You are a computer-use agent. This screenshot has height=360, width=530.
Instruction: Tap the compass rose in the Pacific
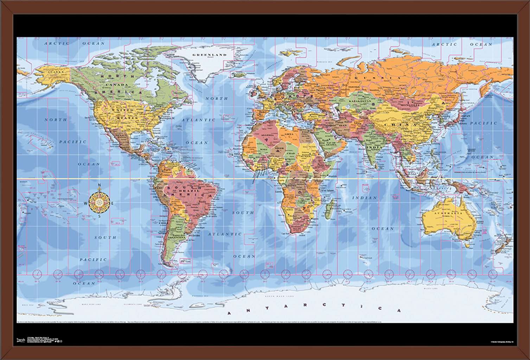click(x=99, y=202)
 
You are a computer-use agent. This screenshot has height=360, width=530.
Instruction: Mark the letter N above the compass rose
click(x=99, y=185)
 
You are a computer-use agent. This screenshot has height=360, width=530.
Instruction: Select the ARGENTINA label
click(x=178, y=238)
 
